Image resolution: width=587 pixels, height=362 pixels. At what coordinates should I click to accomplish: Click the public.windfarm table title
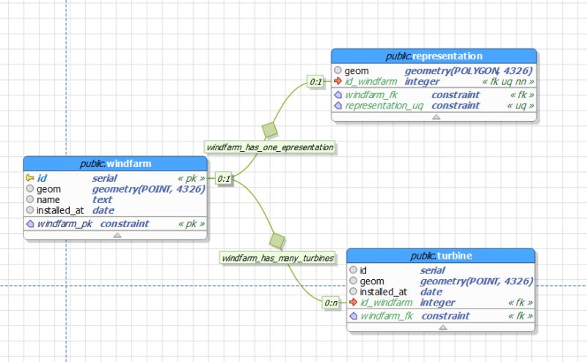point(115,163)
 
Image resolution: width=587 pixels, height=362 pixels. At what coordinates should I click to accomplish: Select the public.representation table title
point(434,56)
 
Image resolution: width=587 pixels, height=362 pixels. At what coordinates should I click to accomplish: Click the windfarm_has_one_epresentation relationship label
point(270,147)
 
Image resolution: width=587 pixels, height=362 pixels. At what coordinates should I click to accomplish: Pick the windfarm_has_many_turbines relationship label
point(278,258)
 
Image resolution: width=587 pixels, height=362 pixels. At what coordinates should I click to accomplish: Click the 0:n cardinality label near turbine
point(332,302)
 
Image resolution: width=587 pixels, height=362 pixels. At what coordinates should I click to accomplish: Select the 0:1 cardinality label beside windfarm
point(224,178)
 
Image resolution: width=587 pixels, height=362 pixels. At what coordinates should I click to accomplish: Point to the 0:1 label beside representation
point(316,82)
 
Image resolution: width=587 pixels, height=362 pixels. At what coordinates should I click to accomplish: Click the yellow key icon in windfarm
point(30,177)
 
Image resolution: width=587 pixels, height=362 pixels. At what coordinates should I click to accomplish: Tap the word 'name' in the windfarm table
point(48,199)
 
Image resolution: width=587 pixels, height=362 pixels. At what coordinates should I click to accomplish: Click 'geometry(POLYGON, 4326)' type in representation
point(469,70)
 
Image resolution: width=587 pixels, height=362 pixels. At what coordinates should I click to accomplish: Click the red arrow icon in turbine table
point(354,302)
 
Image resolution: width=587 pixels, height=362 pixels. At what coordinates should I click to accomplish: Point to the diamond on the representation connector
point(269,130)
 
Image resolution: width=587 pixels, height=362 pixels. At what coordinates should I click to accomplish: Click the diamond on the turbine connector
point(277,240)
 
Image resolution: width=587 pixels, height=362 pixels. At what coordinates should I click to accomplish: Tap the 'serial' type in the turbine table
point(432,270)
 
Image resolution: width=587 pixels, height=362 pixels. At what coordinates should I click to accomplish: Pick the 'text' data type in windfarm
point(102,199)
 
